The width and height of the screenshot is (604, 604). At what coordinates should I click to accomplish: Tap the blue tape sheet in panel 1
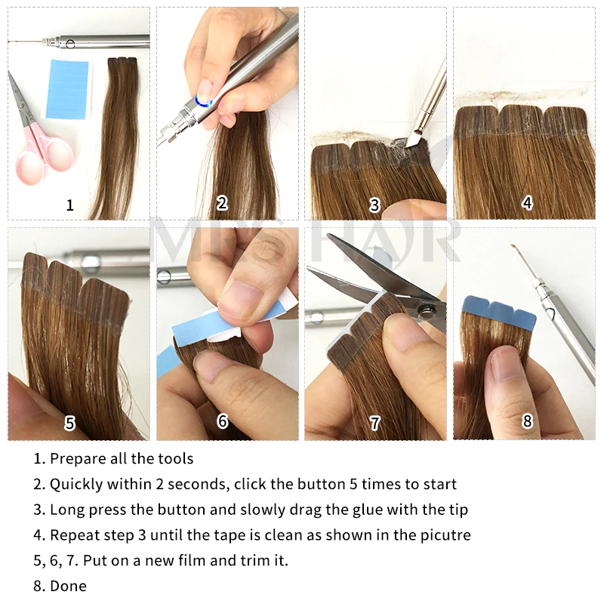pyautogui.click(x=67, y=89)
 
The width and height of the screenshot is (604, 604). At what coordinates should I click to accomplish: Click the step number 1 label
pyautogui.click(x=70, y=205)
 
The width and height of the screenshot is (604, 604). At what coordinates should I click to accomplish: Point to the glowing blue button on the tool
pyautogui.click(x=202, y=100)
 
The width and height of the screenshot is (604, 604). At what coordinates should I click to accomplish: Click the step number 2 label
pyautogui.click(x=222, y=203)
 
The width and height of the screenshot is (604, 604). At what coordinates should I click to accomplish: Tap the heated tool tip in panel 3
pyautogui.click(x=413, y=139)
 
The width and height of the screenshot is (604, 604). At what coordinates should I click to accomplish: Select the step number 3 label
pyautogui.click(x=375, y=205)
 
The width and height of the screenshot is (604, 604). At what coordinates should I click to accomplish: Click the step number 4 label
pyautogui.click(x=527, y=203)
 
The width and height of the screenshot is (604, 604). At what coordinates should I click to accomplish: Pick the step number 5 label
pyautogui.click(x=70, y=424)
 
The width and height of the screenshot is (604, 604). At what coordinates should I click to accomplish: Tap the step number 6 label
pyautogui.click(x=222, y=422)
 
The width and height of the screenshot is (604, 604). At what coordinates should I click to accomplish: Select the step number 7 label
pyautogui.click(x=375, y=424)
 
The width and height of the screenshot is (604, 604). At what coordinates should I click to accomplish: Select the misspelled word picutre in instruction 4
pyautogui.click(x=447, y=535)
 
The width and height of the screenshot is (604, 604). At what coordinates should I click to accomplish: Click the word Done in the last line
pyautogui.click(x=68, y=586)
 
